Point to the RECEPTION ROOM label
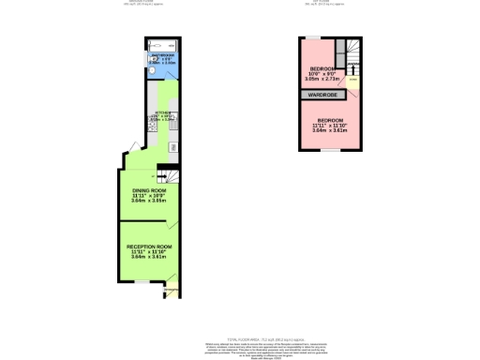(148, 247)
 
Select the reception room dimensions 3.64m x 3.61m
(148, 258)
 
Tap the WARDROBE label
(323, 95)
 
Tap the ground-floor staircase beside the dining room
(168, 175)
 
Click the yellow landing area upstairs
(352, 83)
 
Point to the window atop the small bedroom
(314, 37)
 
